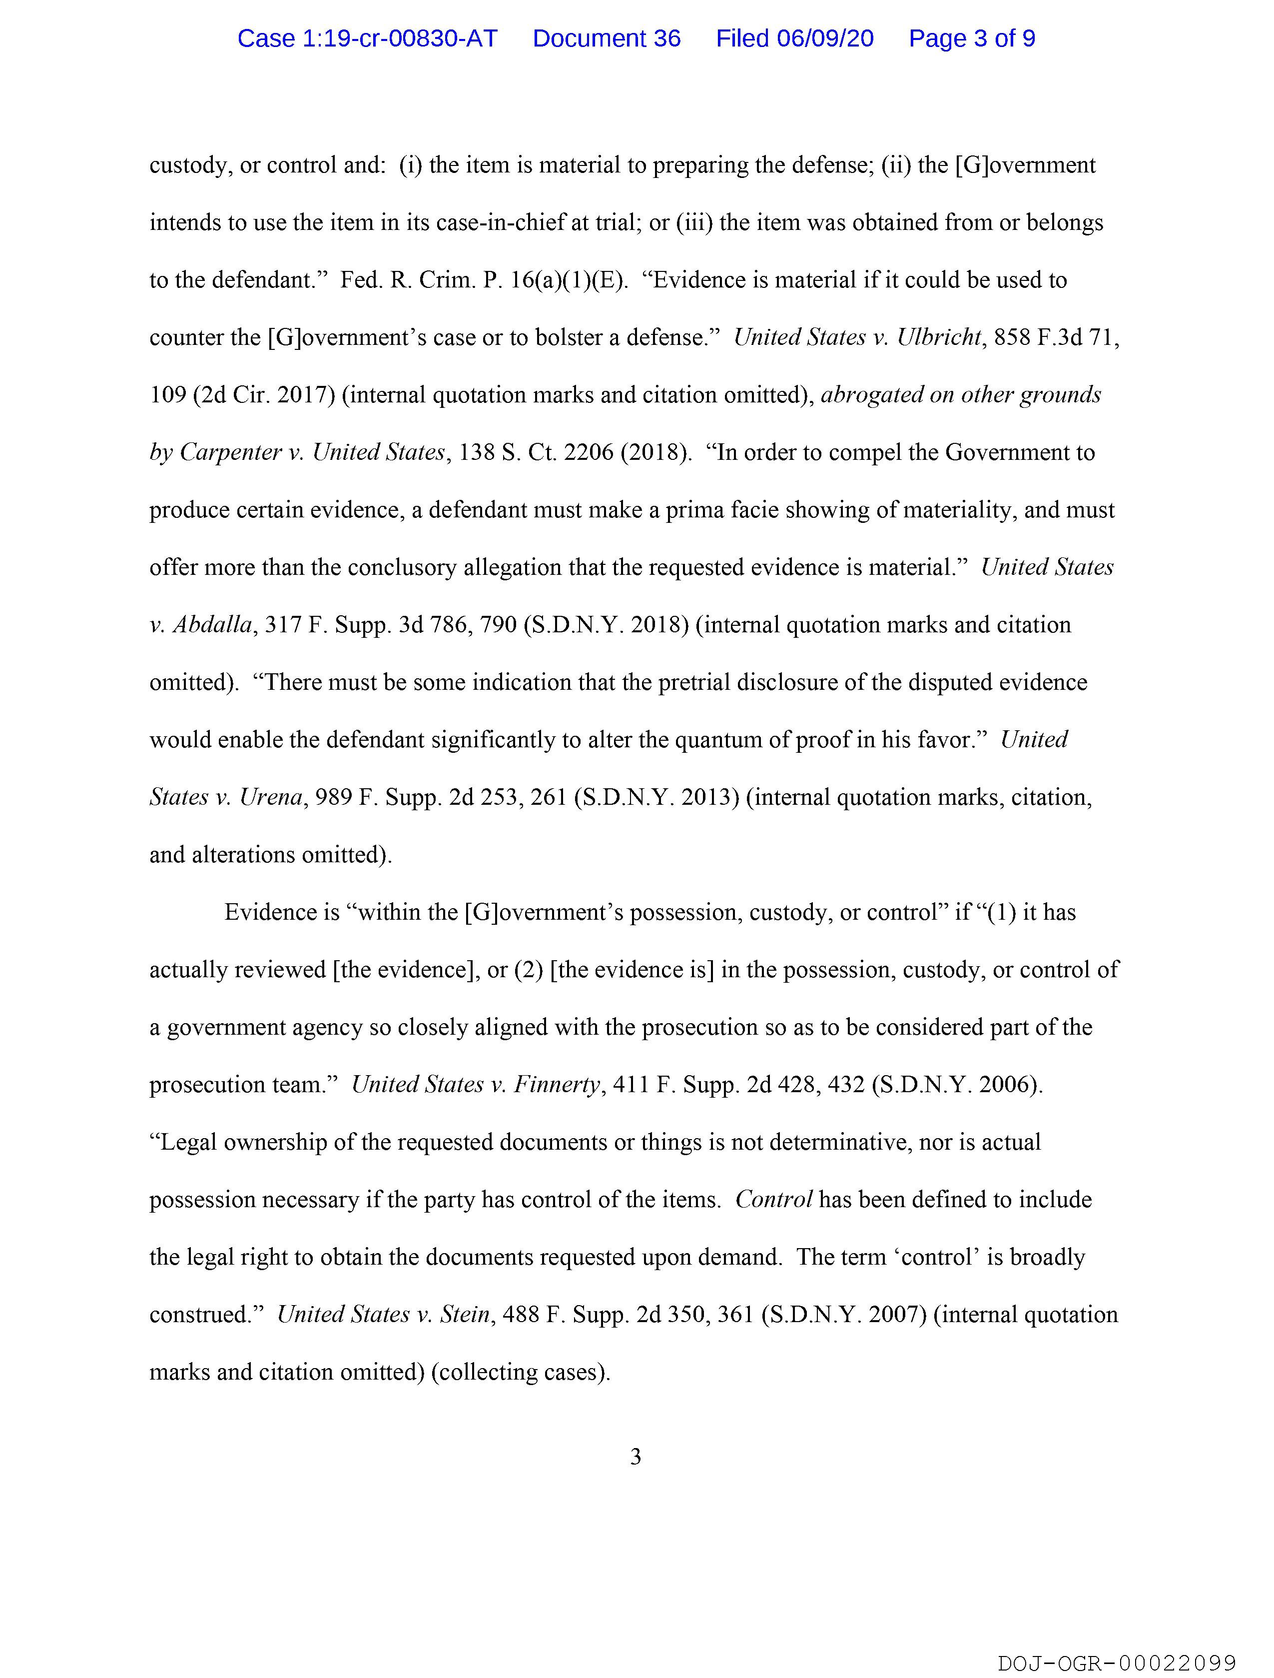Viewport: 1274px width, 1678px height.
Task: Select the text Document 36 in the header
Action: click(x=606, y=38)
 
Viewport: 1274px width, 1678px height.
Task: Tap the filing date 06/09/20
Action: click(x=825, y=38)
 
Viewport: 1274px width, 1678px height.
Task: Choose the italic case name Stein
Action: click(x=464, y=1315)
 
